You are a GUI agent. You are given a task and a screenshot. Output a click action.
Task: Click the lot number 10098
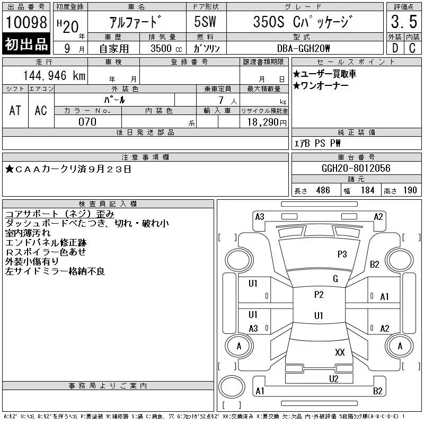26,22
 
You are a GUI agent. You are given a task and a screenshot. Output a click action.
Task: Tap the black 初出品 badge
26,45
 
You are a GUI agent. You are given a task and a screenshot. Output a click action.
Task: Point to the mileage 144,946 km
54,76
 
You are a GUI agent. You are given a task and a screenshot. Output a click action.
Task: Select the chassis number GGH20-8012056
356,168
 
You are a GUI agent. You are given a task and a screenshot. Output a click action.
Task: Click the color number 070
87,122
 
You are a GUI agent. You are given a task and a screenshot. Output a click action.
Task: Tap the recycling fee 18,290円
264,122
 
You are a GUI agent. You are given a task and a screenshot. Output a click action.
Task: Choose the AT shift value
15,110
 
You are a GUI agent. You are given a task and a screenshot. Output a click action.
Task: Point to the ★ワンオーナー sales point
321,85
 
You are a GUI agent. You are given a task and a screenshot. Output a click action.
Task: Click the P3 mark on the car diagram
342,254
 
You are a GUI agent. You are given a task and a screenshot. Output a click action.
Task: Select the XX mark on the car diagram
340,352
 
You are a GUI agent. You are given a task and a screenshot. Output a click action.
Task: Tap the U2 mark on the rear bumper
333,378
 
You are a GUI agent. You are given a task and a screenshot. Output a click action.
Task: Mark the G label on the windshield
335,279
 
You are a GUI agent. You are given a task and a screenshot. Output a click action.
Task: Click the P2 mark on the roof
319,295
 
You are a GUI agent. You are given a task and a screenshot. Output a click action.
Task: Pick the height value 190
410,190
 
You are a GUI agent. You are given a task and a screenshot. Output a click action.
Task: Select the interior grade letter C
412,48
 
